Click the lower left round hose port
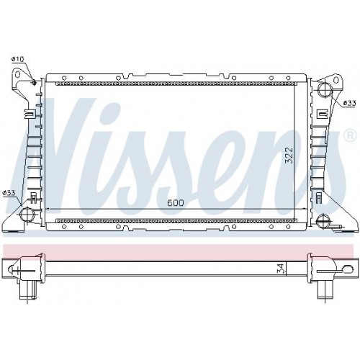tap(28, 215)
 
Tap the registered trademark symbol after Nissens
tap(349, 135)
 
